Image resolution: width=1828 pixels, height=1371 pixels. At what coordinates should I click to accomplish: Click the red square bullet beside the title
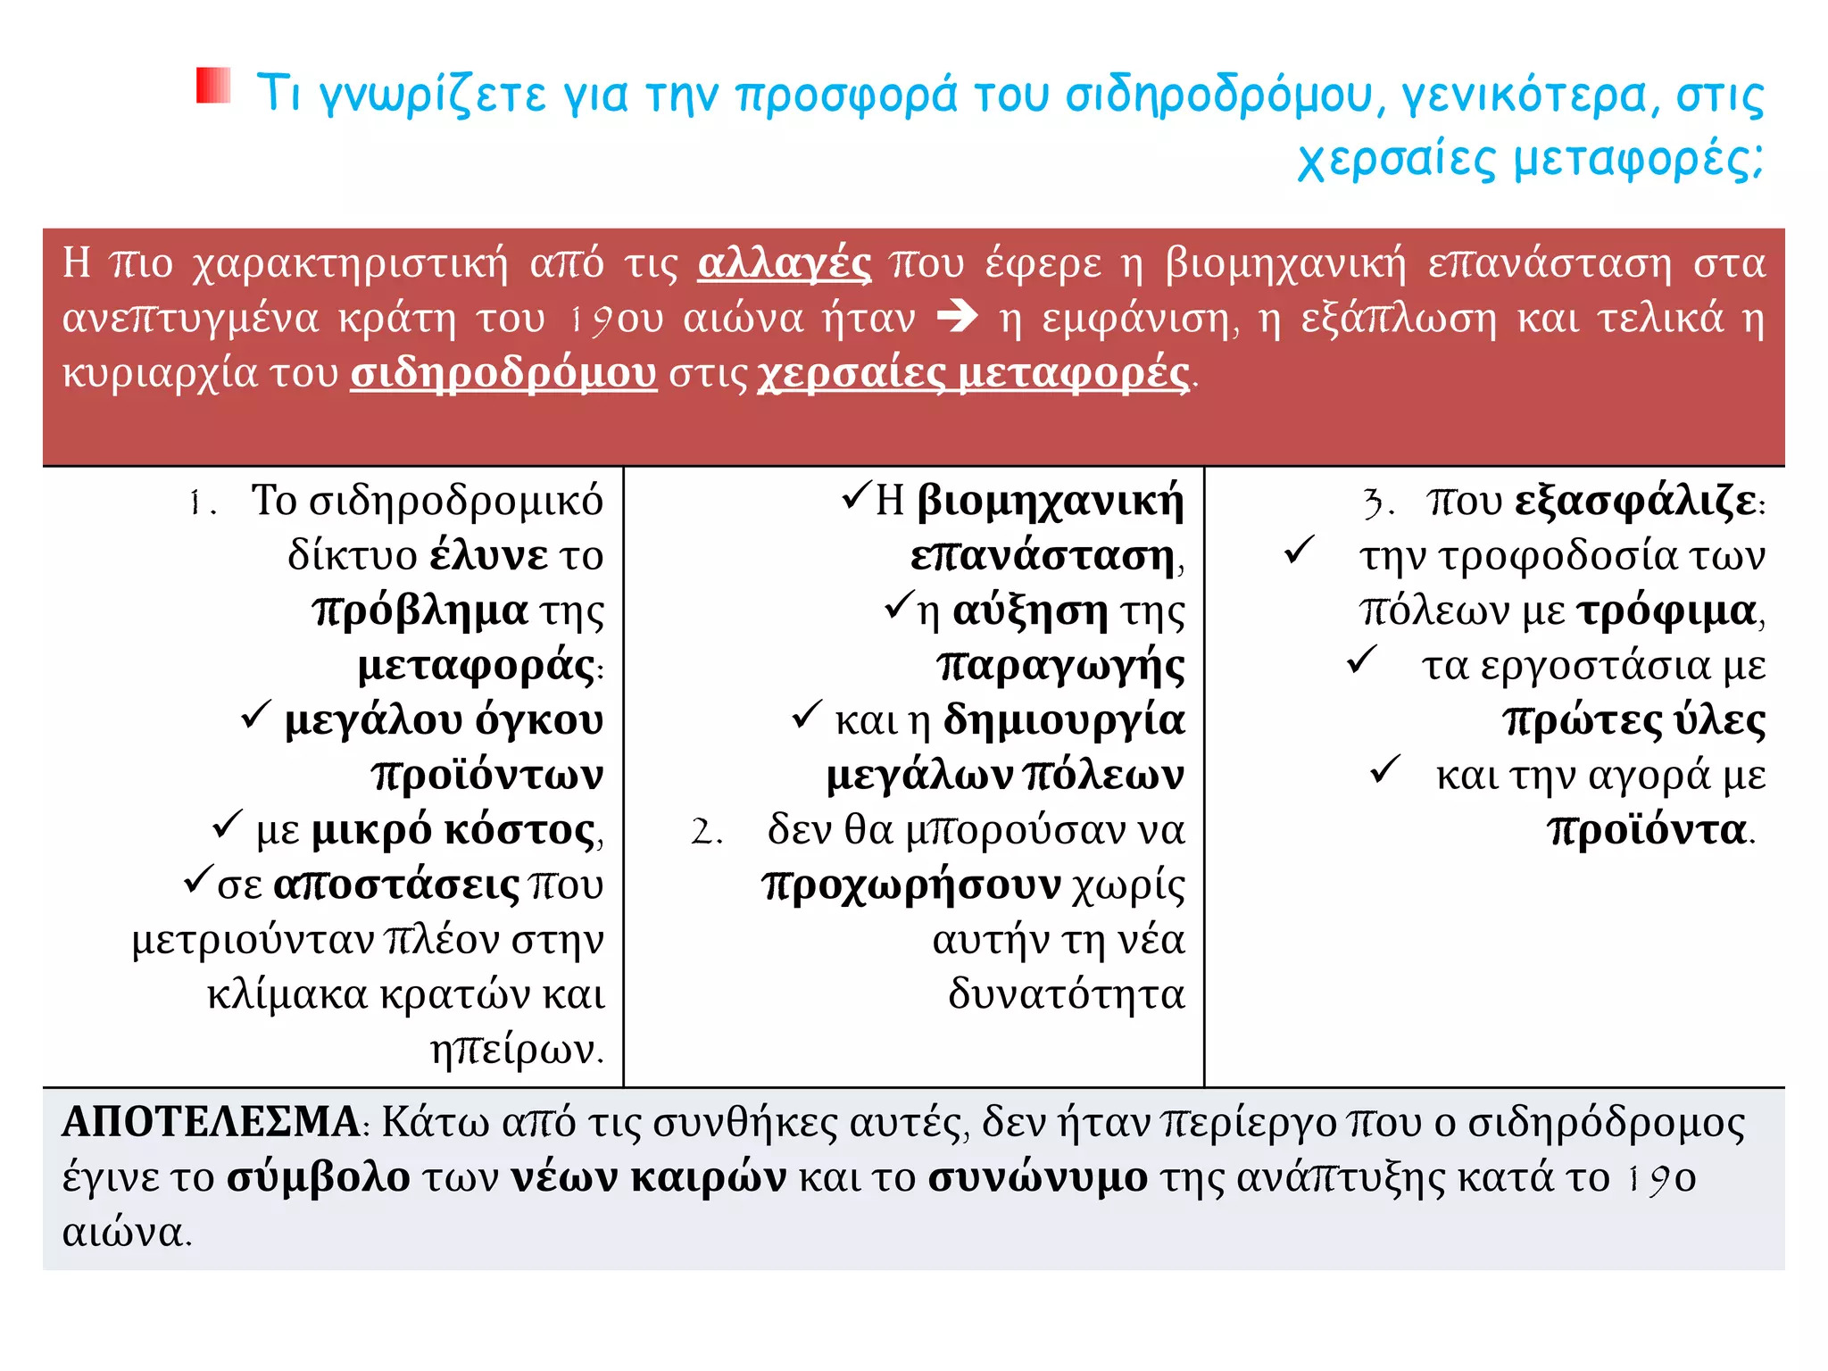(x=213, y=86)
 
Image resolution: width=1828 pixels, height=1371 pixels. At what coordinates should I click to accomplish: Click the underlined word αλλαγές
(x=784, y=263)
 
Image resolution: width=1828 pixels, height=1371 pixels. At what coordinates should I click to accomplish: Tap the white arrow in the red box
(x=958, y=317)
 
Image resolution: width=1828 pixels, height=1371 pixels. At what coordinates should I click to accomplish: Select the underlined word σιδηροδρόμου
(x=503, y=373)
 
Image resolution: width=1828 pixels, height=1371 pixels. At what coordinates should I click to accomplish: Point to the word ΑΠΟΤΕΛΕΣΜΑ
(x=211, y=1122)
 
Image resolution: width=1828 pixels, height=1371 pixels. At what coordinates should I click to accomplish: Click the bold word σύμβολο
(x=319, y=1177)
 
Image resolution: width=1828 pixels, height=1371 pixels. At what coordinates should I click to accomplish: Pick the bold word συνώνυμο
(x=1038, y=1177)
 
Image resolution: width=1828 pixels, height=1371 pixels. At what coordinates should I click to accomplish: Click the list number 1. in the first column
(x=203, y=503)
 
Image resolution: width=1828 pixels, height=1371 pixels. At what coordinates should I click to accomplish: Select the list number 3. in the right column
(x=1378, y=503)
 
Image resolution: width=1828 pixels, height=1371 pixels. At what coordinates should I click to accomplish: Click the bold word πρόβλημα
(x=420, y=611)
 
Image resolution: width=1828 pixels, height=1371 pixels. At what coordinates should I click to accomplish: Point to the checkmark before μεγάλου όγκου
(x=256, y=715)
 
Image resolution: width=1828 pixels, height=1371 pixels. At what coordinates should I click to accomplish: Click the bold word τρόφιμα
(x=1666, y=611)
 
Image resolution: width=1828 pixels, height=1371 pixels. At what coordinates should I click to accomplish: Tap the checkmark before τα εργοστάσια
(x=1362, y=661)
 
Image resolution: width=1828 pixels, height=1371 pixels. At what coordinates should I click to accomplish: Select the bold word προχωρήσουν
(x=911, y=885)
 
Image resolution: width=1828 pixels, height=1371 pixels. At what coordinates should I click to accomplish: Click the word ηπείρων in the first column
(x=516, y=1050)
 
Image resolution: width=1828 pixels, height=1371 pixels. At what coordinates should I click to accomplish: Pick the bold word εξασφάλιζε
(x=1635, y=502)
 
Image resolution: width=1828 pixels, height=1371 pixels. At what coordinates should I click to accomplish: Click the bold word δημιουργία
(x=1064, y=720)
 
